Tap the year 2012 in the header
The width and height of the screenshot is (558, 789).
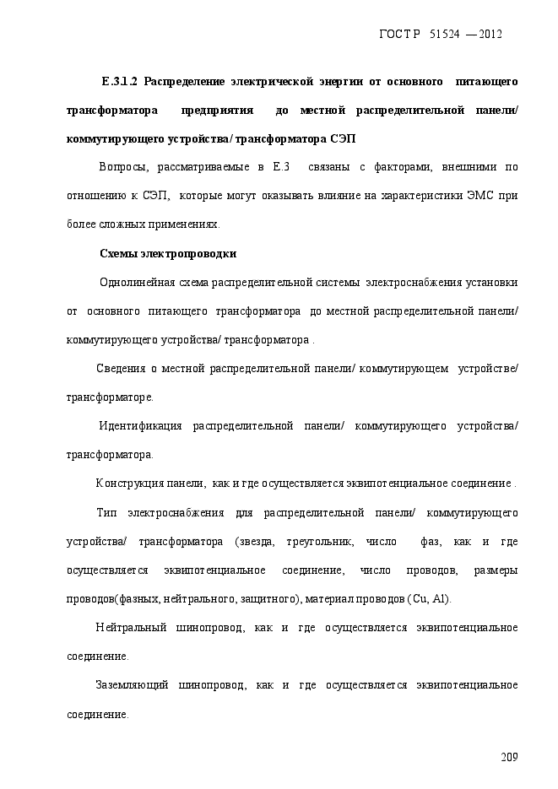click(490, 34)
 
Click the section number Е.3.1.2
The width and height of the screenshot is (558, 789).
click(120, 82)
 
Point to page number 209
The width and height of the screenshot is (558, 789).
click(508, 756)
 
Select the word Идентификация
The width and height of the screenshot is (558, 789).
click(141, 425)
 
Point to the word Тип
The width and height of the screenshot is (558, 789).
click(106, 512)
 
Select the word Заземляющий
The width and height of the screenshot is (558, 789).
click(130, 684)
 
